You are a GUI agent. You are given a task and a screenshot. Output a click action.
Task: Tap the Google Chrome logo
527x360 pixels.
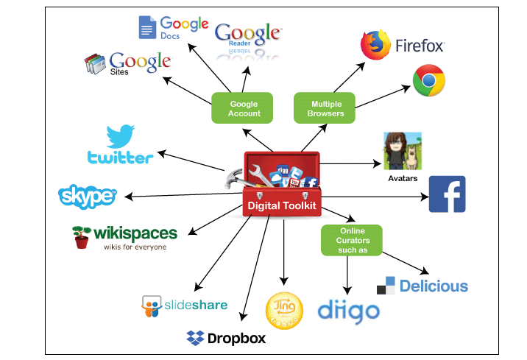(427, 81)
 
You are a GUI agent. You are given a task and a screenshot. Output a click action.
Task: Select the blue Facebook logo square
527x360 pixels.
(447, 195)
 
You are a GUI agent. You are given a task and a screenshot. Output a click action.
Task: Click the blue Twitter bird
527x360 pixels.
(121, 137)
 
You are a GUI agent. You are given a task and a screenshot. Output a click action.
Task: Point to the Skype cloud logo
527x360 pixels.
(87, 197)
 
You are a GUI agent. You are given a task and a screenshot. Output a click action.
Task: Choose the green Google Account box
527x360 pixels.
(244, 108)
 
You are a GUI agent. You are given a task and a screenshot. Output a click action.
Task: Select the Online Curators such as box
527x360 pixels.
(352, 240)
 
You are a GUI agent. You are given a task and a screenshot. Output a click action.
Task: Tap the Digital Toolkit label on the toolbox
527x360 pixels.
(282, 205)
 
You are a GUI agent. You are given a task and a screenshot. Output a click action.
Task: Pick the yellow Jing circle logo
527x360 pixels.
(283, 311)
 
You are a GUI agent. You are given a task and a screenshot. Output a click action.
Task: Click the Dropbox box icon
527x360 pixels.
(195, 338)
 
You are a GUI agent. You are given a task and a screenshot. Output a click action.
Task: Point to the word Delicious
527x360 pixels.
(434, 286)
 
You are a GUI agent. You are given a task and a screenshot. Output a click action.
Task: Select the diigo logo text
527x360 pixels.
(348, 311)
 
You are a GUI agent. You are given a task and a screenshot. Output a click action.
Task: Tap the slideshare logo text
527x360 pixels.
(195, 304)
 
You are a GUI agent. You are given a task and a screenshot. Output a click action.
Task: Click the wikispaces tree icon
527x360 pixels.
(82, 236)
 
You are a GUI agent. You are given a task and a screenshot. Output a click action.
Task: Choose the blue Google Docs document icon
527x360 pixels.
(147, 27)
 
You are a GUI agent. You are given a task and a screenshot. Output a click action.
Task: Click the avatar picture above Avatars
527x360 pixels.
(402, 152)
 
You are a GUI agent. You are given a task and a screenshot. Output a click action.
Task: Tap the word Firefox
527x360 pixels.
(420, 46)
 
